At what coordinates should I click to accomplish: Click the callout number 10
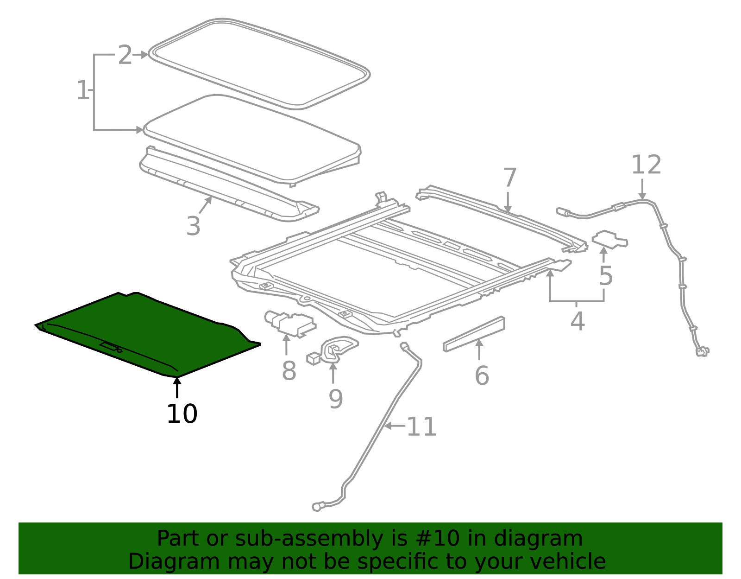tap(182, 414)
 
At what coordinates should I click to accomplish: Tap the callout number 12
tap(647, 165)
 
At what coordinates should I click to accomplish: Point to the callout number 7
tap(509, 178)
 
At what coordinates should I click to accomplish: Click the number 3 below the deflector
tap(193, 227)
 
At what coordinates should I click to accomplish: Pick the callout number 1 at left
tap(82, 90)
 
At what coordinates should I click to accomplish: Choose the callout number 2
tap(125, 55)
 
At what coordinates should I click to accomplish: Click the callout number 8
tap(289, 371)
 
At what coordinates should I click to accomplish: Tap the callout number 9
tap(336, 399)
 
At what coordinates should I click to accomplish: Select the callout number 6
tap(482, 375)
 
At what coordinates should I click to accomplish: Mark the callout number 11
tap(421, 427)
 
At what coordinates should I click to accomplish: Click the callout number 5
tap(605, 276)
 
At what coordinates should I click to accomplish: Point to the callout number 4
tap(577, 321)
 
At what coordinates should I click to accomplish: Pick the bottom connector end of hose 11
tap(317, 507)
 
